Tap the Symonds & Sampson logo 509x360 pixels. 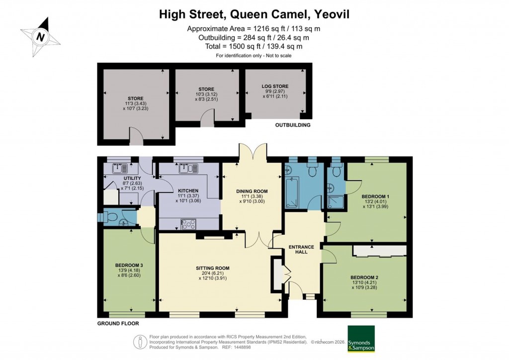pyautogui.click(x=361, y=339)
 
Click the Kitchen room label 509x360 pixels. pyautogui.click(x=187, y=190)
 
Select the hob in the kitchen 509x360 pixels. pyautogui.click(x=189, y=224)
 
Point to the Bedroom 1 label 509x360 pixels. pyautogui.click(x=375, y=196)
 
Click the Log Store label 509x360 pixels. pyautogui.click(x=275, y=86)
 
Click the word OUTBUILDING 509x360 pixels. pyautogui.click(x=293, y=125)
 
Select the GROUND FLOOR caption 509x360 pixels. pyautogui.click(x=118, y=323)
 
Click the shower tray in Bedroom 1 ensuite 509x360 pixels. pyautogui.click(x=335, y=201)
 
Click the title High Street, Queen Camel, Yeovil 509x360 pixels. pyautogui.click(x=254, y=14)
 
